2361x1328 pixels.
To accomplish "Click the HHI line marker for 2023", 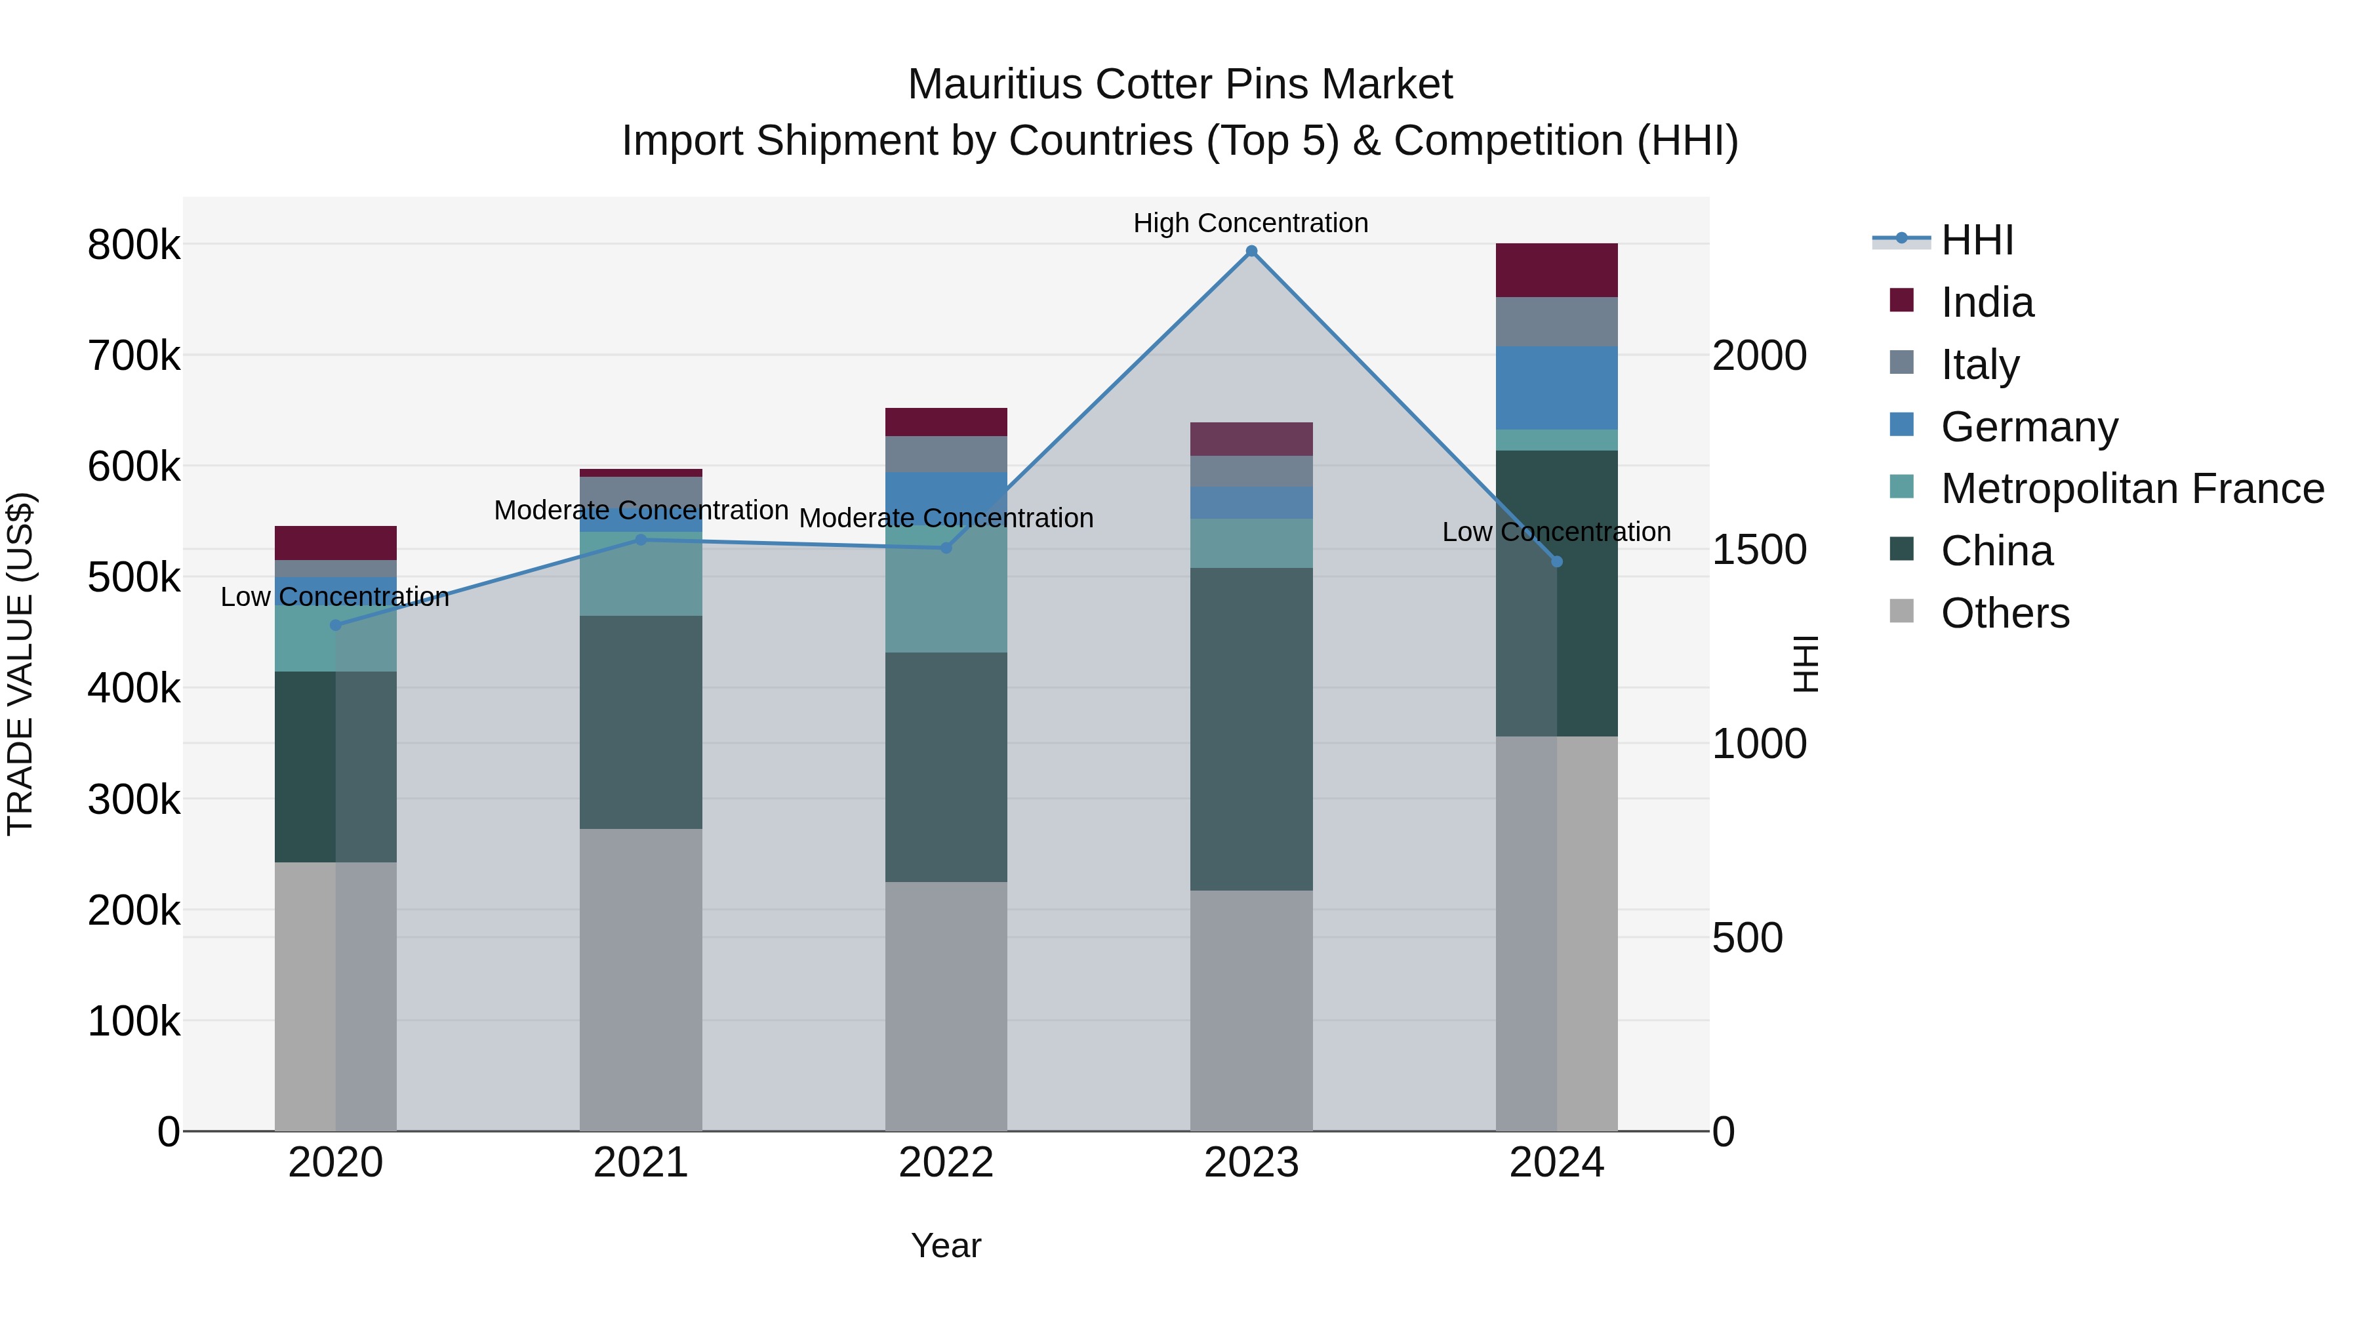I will tap(1251, 251).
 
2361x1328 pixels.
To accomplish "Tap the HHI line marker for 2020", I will tap(335, 625).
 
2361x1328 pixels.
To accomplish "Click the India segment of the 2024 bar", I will tap(1556, 270).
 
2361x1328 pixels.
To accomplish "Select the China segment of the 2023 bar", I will tap(1251, 729).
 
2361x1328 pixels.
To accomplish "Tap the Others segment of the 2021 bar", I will tap(641, 979).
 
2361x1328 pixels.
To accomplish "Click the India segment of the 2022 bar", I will tap(946, 422).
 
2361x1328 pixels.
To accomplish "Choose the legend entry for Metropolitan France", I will tap(2132, 489).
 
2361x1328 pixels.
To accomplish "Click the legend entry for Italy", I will tap(1980, 364).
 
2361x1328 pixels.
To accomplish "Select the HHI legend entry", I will tap(1977, 240).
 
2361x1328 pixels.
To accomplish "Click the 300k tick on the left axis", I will tap(134, 799).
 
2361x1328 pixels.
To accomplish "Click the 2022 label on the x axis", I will tap(946, 1162).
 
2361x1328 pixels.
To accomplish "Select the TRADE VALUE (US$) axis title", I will tap(20, 664).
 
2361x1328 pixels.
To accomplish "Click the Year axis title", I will tap(946, 1245).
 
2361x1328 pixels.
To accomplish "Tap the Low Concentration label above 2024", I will tap(1556, 532).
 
